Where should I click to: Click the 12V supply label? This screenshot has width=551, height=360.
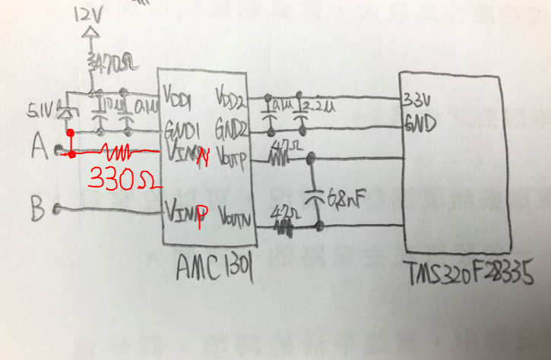pos(90,14)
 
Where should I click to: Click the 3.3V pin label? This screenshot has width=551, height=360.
pos(417,99)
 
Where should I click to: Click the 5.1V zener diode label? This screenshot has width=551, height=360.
pos(44,111)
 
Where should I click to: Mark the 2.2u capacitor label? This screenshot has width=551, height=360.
pos(314,103)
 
